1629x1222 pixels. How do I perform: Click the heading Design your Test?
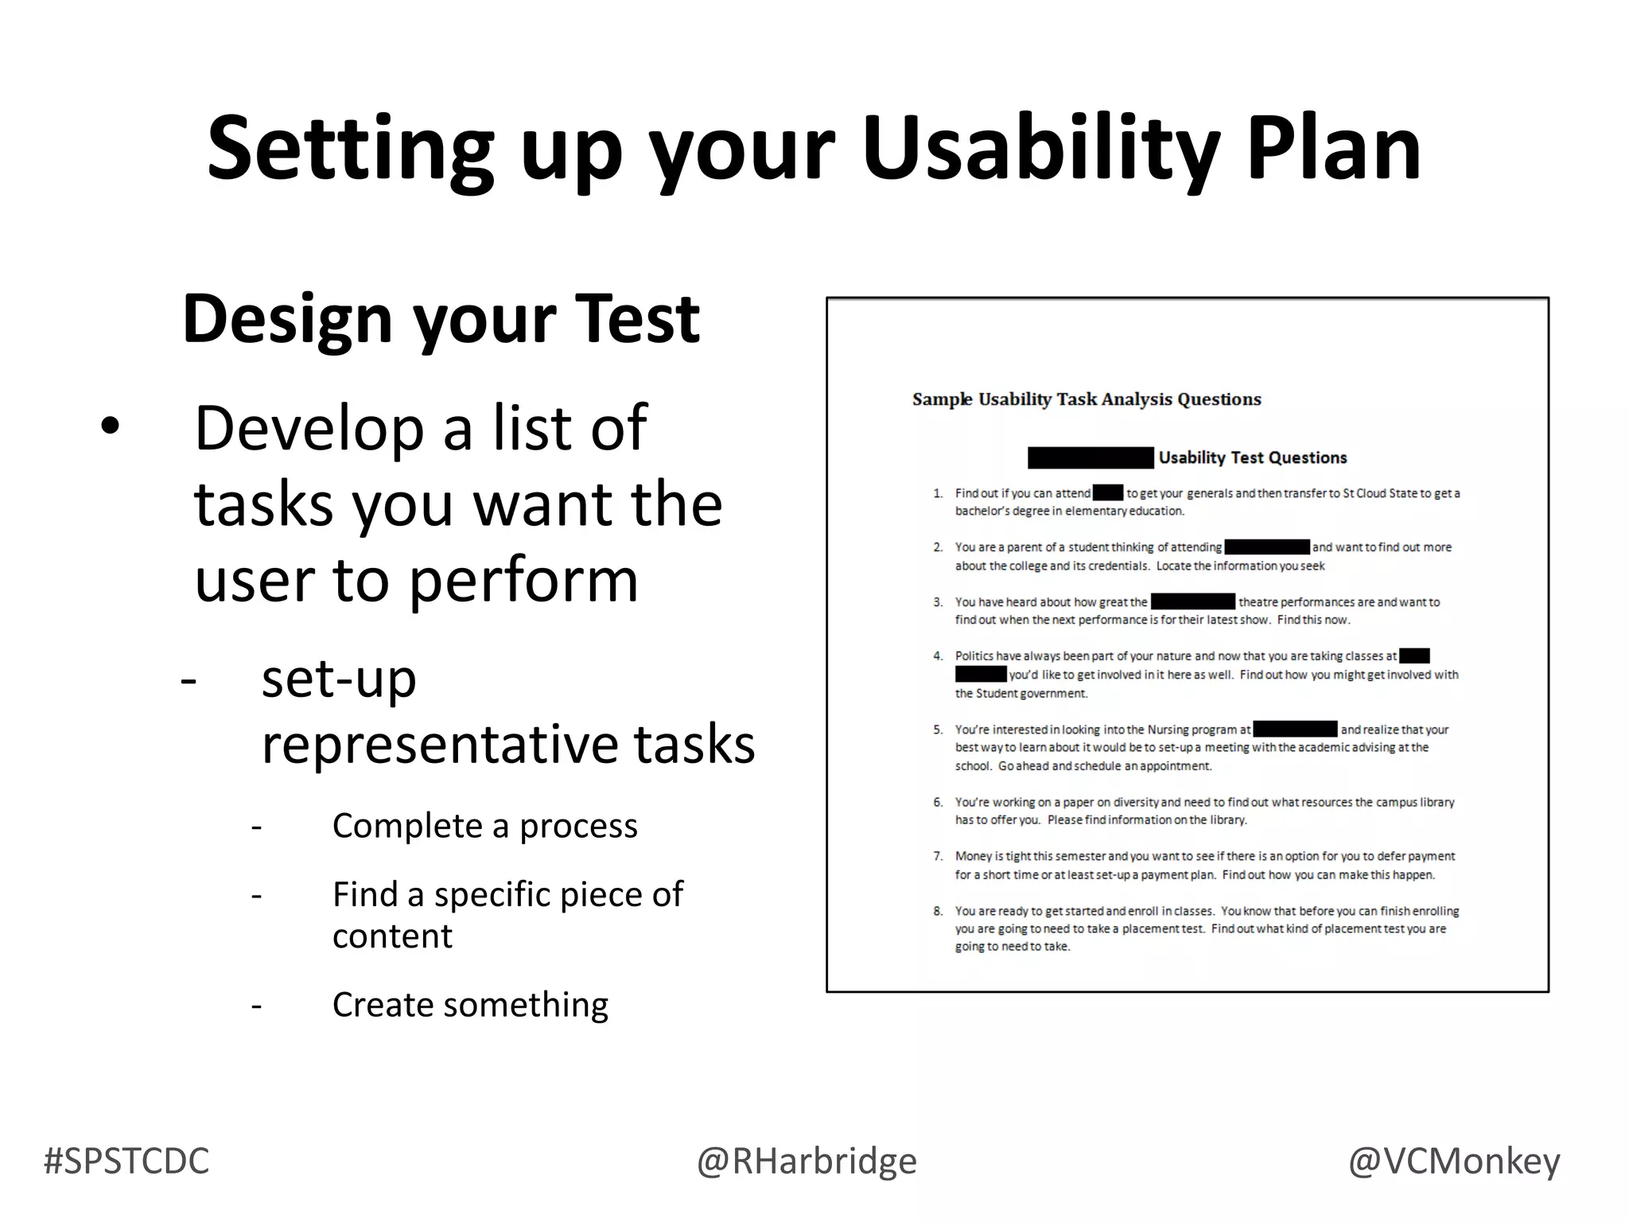[x=441, y=318]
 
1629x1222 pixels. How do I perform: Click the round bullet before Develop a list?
[x=110, y=427]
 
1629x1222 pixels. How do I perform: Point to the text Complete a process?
[x=484, y=826]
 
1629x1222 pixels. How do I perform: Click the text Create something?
[x=470, y=1005]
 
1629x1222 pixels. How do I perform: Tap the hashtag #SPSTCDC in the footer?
[x=126, y=1161]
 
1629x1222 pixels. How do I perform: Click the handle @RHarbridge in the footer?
[x=807, y=1161]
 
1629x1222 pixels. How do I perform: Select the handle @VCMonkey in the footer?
[x=1453, y=1161]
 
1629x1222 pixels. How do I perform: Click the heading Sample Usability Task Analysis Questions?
[x=1087, y=399]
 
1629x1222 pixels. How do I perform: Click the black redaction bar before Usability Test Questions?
[x=1090, y=457]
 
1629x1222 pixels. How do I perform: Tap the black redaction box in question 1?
[x=1107, y=493]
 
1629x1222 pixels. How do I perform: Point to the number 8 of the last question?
[x=938, y=911]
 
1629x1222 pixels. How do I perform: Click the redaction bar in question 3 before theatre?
[x=1192, y=602]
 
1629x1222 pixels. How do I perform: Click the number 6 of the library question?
[x=938, y=802]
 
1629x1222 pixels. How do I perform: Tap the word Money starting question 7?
[x=973, y=857]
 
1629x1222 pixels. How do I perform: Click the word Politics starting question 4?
[x=974, y=656]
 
